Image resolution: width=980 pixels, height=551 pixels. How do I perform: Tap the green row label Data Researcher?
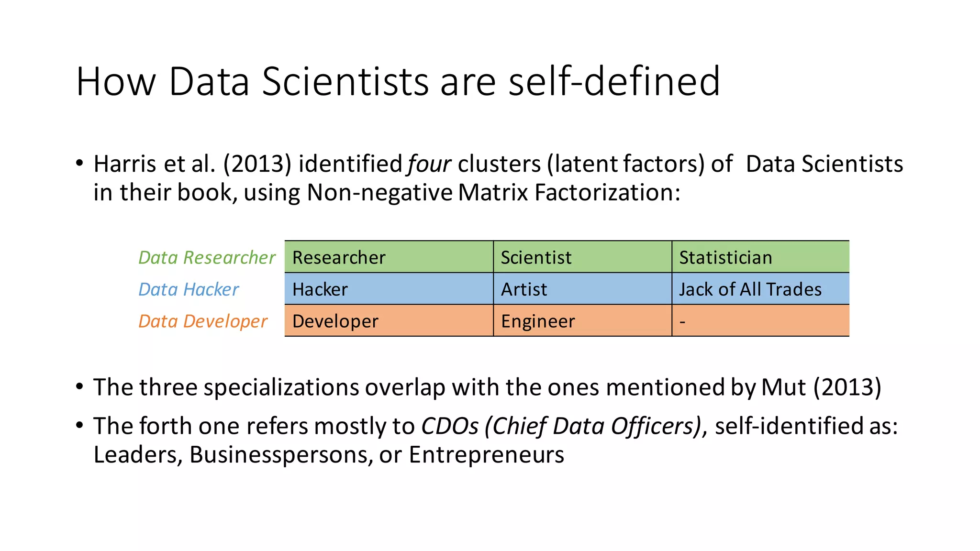tap(207, 257)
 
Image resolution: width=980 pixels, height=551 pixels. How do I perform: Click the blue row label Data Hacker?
tap(189, 289)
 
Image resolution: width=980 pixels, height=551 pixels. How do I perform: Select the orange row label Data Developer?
tap(203, 321)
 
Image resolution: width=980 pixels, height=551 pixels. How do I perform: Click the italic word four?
tap(429, 164)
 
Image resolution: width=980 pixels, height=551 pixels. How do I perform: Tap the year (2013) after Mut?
tap(847, 387)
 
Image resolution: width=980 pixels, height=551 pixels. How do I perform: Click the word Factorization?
tap(607, 193)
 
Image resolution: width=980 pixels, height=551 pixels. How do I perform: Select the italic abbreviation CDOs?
tap(449, 426)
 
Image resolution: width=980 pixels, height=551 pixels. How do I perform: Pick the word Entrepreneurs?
tap(486, 454)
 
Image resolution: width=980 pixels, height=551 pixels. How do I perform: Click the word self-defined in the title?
tap(614, 81)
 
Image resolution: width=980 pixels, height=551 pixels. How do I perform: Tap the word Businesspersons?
tap(281, 454)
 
